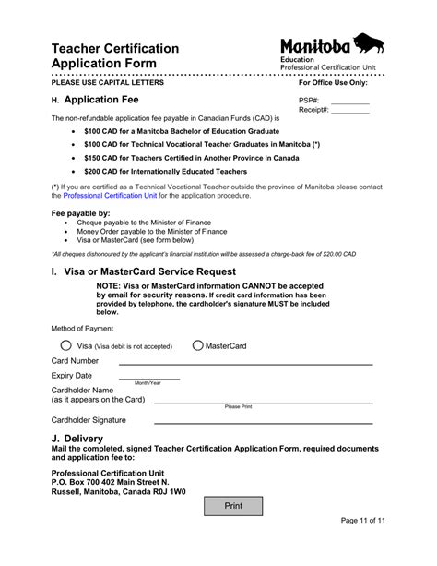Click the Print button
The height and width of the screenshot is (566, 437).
[x=233, y=507]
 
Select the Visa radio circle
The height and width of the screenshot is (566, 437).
[x=65, y=345]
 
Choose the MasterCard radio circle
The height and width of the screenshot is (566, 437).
[x=197, y=345]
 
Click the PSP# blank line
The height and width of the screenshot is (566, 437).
[x=349, y=102]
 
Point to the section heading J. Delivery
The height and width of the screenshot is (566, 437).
[x=77, y=438]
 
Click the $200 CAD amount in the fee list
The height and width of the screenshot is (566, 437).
[x=100, y=172]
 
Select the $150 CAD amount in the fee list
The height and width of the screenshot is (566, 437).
[x=100, y=158]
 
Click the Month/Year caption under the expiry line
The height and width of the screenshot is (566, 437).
[x=148, y=383]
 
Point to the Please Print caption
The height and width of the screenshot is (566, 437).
[x=238, y=406]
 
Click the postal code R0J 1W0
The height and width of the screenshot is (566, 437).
[x=168, y=492]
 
